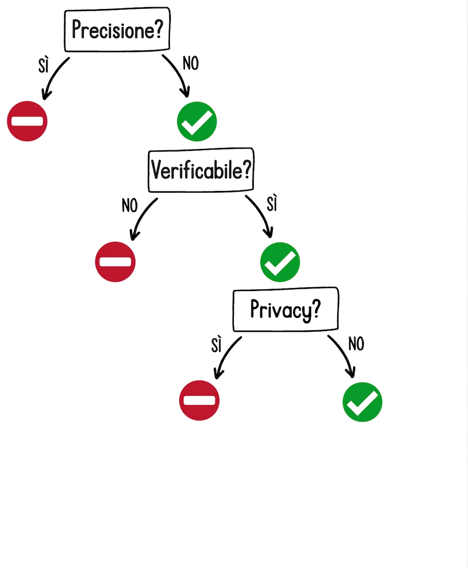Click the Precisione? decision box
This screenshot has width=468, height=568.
tap(117, 29)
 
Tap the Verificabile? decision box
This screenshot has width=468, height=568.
tap(201, 170)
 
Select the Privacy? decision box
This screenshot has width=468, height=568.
tap(286, 309)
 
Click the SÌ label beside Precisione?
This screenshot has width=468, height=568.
tap(43, 65)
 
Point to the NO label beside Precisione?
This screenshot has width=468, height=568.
tap(191, 63)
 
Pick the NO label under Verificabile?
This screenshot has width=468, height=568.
tap(129, 205)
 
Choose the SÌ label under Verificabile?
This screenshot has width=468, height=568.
tap(272, 203)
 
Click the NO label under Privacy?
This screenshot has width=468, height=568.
tap(356, 343)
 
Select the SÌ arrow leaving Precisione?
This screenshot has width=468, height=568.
tap(53, 75)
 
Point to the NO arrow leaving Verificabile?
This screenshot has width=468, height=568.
tap(141, 216)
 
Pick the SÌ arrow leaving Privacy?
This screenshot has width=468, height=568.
tap(225, 354)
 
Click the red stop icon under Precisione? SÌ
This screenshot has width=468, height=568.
tap(27, 121)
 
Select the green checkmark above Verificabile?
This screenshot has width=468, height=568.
tap(197, 121)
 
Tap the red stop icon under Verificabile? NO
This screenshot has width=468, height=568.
tap(115, 261)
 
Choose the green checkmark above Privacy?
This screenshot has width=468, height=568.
tap(280, 262)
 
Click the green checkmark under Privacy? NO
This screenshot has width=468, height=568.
tap(362, 402)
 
